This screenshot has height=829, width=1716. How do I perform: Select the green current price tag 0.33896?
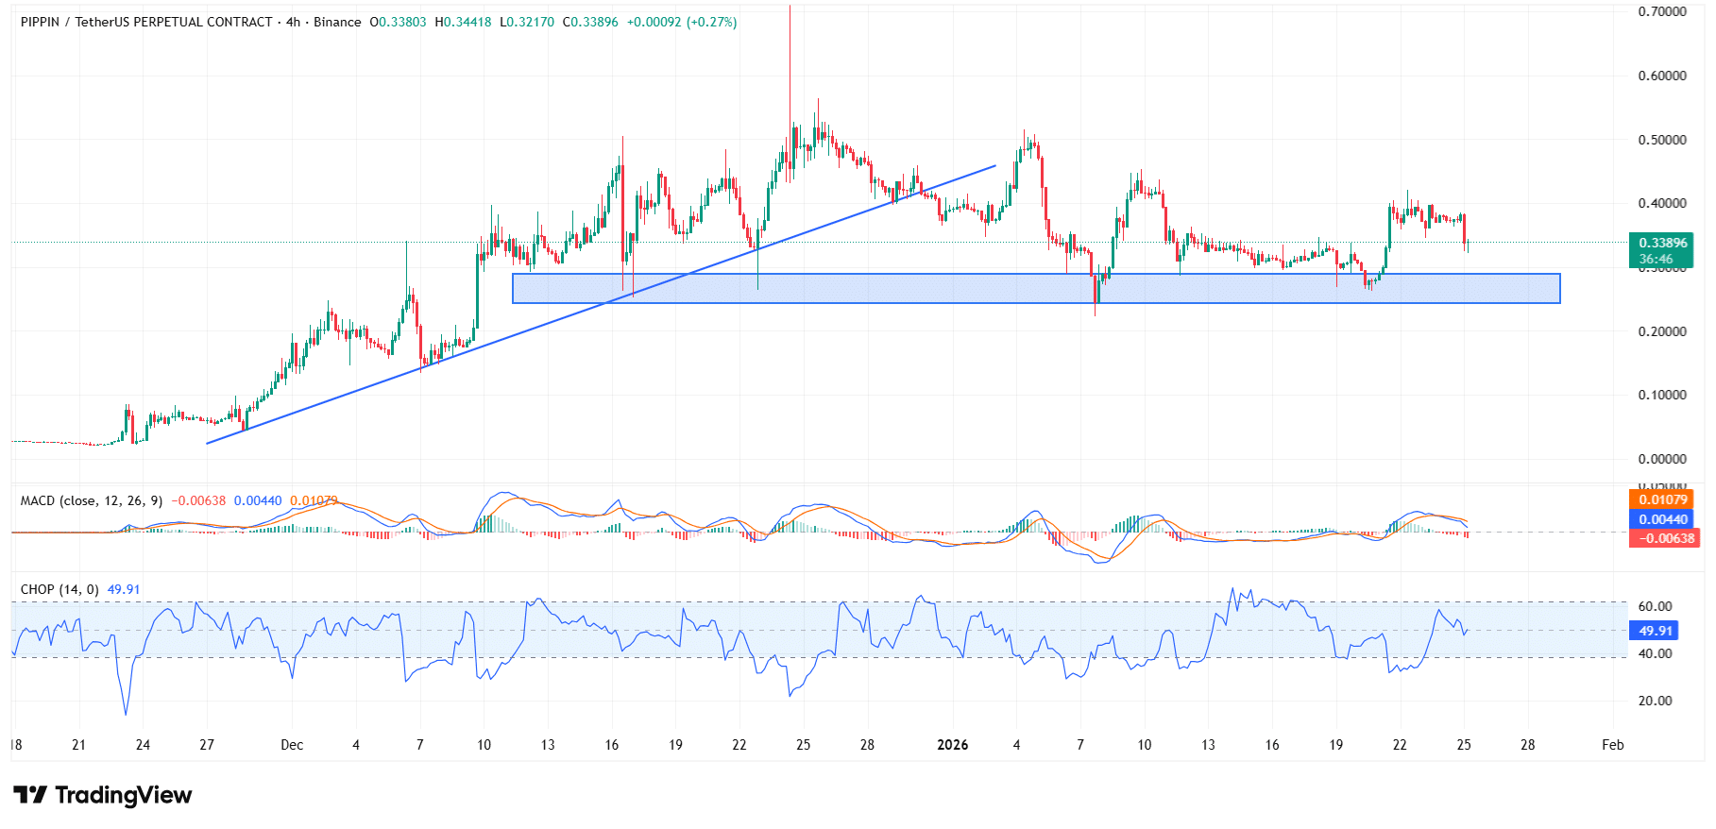1661,244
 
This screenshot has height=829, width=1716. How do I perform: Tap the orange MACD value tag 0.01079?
1661,499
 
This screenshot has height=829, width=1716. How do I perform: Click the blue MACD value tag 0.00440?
1661,519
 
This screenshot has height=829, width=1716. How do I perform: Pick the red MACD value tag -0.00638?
1663,538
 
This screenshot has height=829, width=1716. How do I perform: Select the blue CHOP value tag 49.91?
1655,631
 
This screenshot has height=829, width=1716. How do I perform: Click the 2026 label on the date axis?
952,745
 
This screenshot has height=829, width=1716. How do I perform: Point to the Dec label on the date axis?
292,745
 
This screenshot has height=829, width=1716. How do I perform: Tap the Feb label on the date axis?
1612,745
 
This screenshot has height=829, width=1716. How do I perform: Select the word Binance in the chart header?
337,22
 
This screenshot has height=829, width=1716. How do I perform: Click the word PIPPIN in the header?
40,22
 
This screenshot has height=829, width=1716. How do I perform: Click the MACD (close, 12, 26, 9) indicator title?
92,500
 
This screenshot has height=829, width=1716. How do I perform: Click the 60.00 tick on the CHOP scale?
1655,606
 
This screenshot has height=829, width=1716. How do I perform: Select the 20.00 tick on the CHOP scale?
1655,701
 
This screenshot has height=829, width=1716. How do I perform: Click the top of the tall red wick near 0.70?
790,7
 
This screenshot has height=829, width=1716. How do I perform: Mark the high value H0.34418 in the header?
463,22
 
